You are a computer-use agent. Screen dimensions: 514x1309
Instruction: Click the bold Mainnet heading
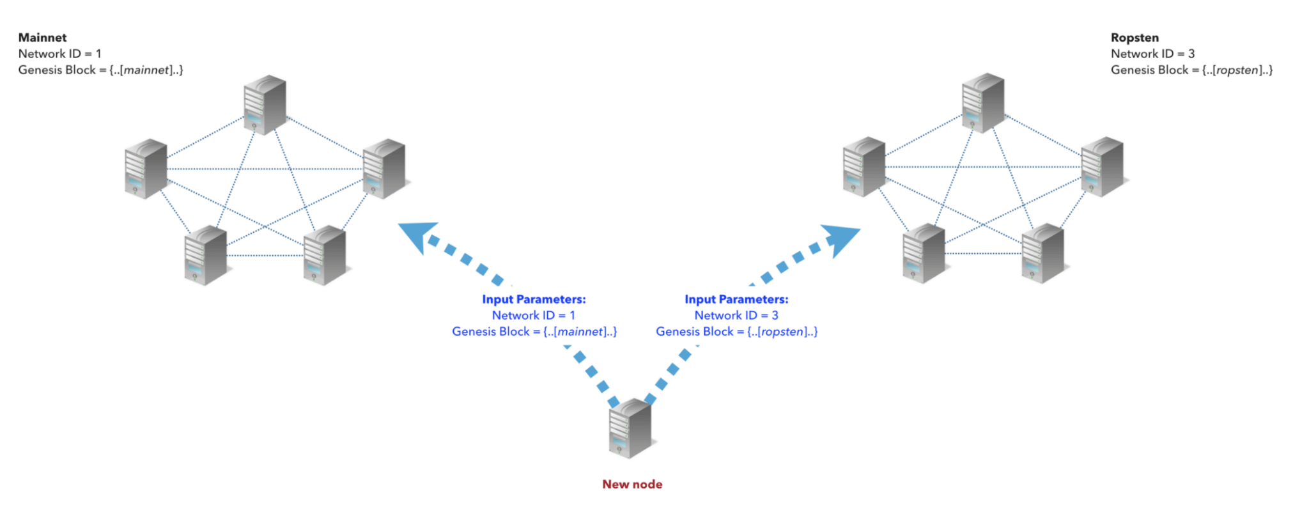click(x=42, y=38)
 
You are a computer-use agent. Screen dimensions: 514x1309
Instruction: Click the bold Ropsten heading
click(x=1135, y=38)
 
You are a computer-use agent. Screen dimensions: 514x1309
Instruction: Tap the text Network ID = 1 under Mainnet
click(x=59, y=54)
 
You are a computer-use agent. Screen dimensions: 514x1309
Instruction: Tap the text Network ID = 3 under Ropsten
click(x=1152, y=54)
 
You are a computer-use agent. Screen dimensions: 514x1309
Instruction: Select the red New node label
click(x=631, y=484)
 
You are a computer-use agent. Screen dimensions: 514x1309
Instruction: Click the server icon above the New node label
click(x=630, y=428)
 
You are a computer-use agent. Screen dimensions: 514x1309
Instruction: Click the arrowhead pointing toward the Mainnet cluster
click(x=417, y=235)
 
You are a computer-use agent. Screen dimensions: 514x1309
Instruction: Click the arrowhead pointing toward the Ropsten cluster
click(x=842, y=238)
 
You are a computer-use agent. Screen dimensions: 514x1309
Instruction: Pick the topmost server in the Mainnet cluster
click(x=265, y=104)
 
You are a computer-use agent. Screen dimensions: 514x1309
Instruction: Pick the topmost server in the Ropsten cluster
click(x=983, y=102)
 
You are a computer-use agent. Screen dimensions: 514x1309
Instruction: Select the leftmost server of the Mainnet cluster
click(x=146, y=168)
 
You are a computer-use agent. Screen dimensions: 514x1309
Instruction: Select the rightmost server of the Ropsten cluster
click(x=1102, y=166)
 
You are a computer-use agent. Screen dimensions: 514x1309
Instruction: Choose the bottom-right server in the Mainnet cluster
click(x=325, y=254)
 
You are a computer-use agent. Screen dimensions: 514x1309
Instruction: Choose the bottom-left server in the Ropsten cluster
click(x=924, y=253)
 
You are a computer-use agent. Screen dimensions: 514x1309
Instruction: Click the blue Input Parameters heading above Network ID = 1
click(x=534, y=299)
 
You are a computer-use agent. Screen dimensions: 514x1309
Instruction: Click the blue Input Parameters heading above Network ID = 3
click(x=736, y=299)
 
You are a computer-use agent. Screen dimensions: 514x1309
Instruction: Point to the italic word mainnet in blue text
click(x=580, y=332)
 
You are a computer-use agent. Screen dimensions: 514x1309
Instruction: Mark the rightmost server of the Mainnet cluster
click(x=383, y=168)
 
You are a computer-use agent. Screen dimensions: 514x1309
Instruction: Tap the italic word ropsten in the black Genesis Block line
click(x=1237, y=70)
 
